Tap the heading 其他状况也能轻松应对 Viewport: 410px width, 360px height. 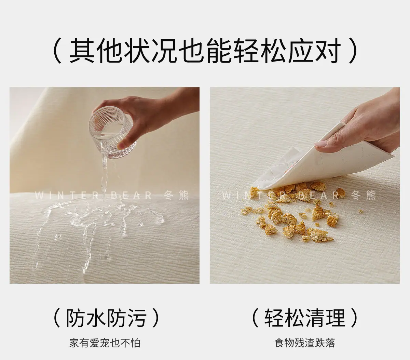(204, 51)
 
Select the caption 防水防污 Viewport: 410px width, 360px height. (106, 318)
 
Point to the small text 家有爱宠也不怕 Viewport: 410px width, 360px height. (105, 343)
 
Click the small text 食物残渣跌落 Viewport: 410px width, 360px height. (304, 343)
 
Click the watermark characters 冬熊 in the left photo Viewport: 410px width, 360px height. (176, 196)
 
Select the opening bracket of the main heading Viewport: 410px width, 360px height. (58, 51)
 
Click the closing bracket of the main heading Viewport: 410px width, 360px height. (353, 51)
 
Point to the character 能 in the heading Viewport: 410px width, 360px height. (218, 51)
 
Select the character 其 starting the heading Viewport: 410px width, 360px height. (82, 51)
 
